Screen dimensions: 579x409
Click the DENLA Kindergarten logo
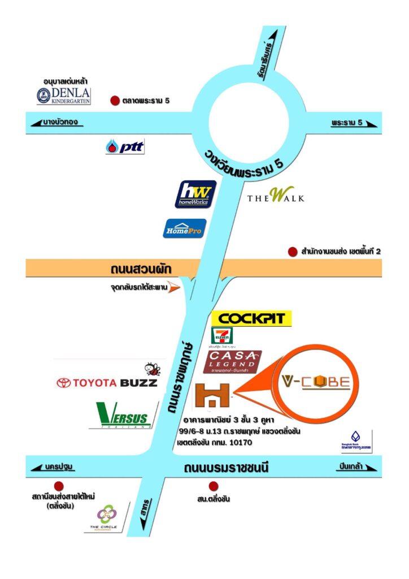point(63,96)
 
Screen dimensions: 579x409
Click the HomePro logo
point(185,228)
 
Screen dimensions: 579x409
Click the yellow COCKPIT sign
point(251,318)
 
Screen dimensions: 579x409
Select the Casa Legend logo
point(234,362)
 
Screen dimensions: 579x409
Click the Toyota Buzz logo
point(107,382)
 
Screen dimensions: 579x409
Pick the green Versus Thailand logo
point(123,416)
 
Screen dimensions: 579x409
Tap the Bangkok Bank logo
point(356,440)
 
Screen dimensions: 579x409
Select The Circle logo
point(107,517)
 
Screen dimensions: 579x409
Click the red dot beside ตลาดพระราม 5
point(115,101)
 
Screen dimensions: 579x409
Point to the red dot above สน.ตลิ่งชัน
point(214,486)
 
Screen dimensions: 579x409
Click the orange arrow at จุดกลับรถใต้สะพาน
point(175,288)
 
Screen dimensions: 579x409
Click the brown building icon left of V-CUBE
point(212,395)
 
